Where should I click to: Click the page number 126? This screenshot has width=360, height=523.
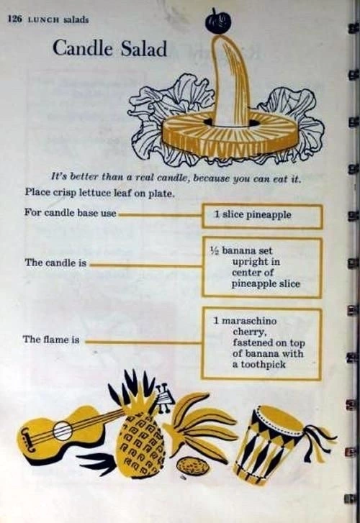pyautogui.click(x=14, y=19)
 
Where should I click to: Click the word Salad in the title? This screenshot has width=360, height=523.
pyautogui.click(x=143, y=49)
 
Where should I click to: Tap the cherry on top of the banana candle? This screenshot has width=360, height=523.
pyautogui.click(x=217, y=22)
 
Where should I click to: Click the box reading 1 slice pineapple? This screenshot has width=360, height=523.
pyautogui.click(x=263, y=217)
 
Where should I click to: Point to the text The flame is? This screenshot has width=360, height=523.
pyautogui.click(x=51, y=340)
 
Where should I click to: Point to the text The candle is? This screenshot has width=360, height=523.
pyautogui.click(x=55, y=263)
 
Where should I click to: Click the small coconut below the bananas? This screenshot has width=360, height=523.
pyautogui.click(x=193, y=465)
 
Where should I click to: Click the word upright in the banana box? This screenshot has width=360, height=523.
pyautogui.click(x=256, y=262)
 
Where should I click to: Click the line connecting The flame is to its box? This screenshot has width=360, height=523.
pyautogui.click(x=143, y=342)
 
